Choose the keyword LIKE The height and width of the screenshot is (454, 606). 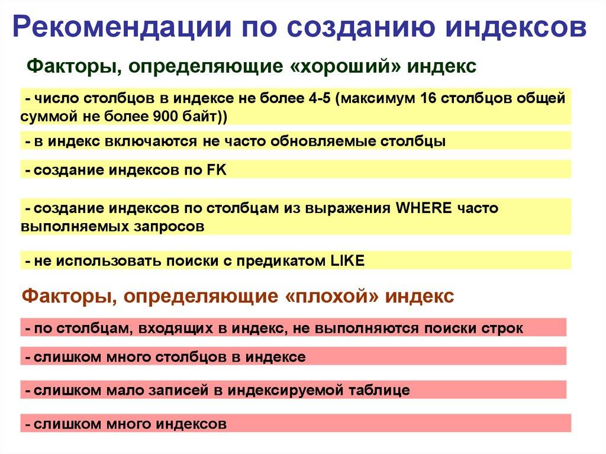click(x=346, y=260)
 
